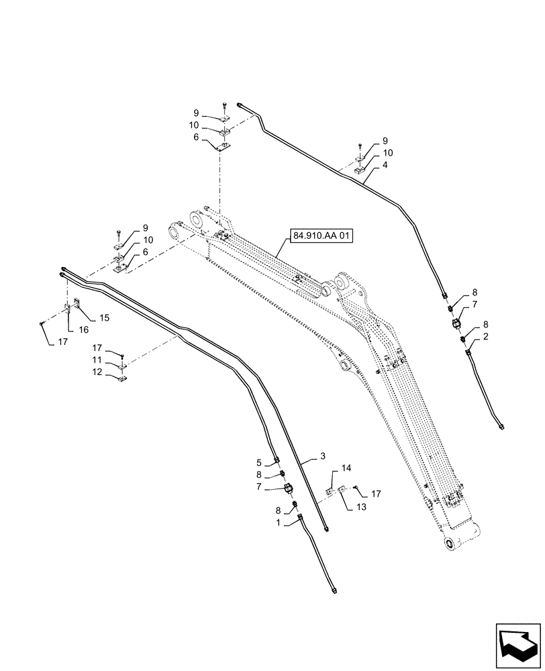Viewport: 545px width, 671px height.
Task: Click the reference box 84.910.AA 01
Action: pos(323,236)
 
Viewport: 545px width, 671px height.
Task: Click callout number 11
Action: pos(98,360)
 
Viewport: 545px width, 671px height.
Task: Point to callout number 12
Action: pos(98,372)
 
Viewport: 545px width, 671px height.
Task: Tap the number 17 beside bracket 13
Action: pos(376,494)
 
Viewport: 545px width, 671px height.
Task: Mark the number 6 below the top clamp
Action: pos(196,137)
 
